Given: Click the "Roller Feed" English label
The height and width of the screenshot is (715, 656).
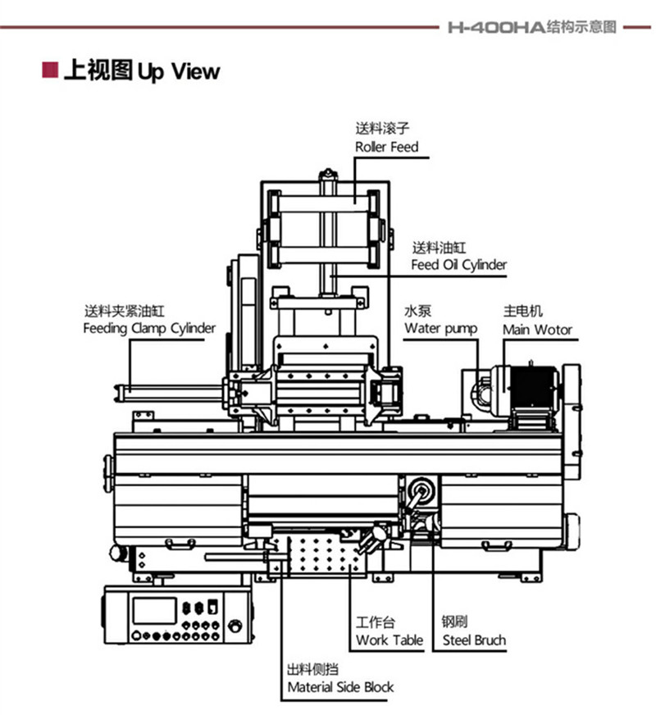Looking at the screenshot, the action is (x=386, y=147).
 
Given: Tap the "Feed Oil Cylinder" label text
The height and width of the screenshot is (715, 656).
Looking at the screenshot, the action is (x=458, y=265).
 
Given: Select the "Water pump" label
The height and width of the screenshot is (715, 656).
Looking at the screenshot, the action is (x=441, y=329).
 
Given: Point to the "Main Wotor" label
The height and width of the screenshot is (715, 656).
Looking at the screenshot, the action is (x=537, y=330).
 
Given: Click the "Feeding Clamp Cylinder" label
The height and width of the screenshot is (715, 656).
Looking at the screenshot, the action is (x=149, y=328).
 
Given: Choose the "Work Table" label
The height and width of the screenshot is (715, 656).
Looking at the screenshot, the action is (x=389, y=640).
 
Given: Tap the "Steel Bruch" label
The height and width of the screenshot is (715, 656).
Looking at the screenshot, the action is (x=474, y=640).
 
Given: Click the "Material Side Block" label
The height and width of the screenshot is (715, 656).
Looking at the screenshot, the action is (x=340, y=687).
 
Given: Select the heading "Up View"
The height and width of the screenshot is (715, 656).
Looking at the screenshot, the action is (x=178, y=72).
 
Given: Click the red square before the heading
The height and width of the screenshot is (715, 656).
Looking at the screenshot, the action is (x=50, y=70).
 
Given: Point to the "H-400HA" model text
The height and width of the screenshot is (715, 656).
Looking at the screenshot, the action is (x=496, y=27).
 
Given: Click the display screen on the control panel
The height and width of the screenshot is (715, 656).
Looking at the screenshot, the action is (x=154, y=610).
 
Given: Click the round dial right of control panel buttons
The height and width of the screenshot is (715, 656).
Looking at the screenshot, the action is (x=235, y=626).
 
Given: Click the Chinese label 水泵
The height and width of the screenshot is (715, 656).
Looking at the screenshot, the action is (x=417, y=312).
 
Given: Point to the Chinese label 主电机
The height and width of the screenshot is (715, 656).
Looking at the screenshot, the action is (x=523, y=312).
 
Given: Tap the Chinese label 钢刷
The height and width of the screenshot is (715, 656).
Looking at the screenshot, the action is (x=454, y=622).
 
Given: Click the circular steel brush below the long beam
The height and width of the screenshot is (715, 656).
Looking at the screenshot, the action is (x=422, y=492).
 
